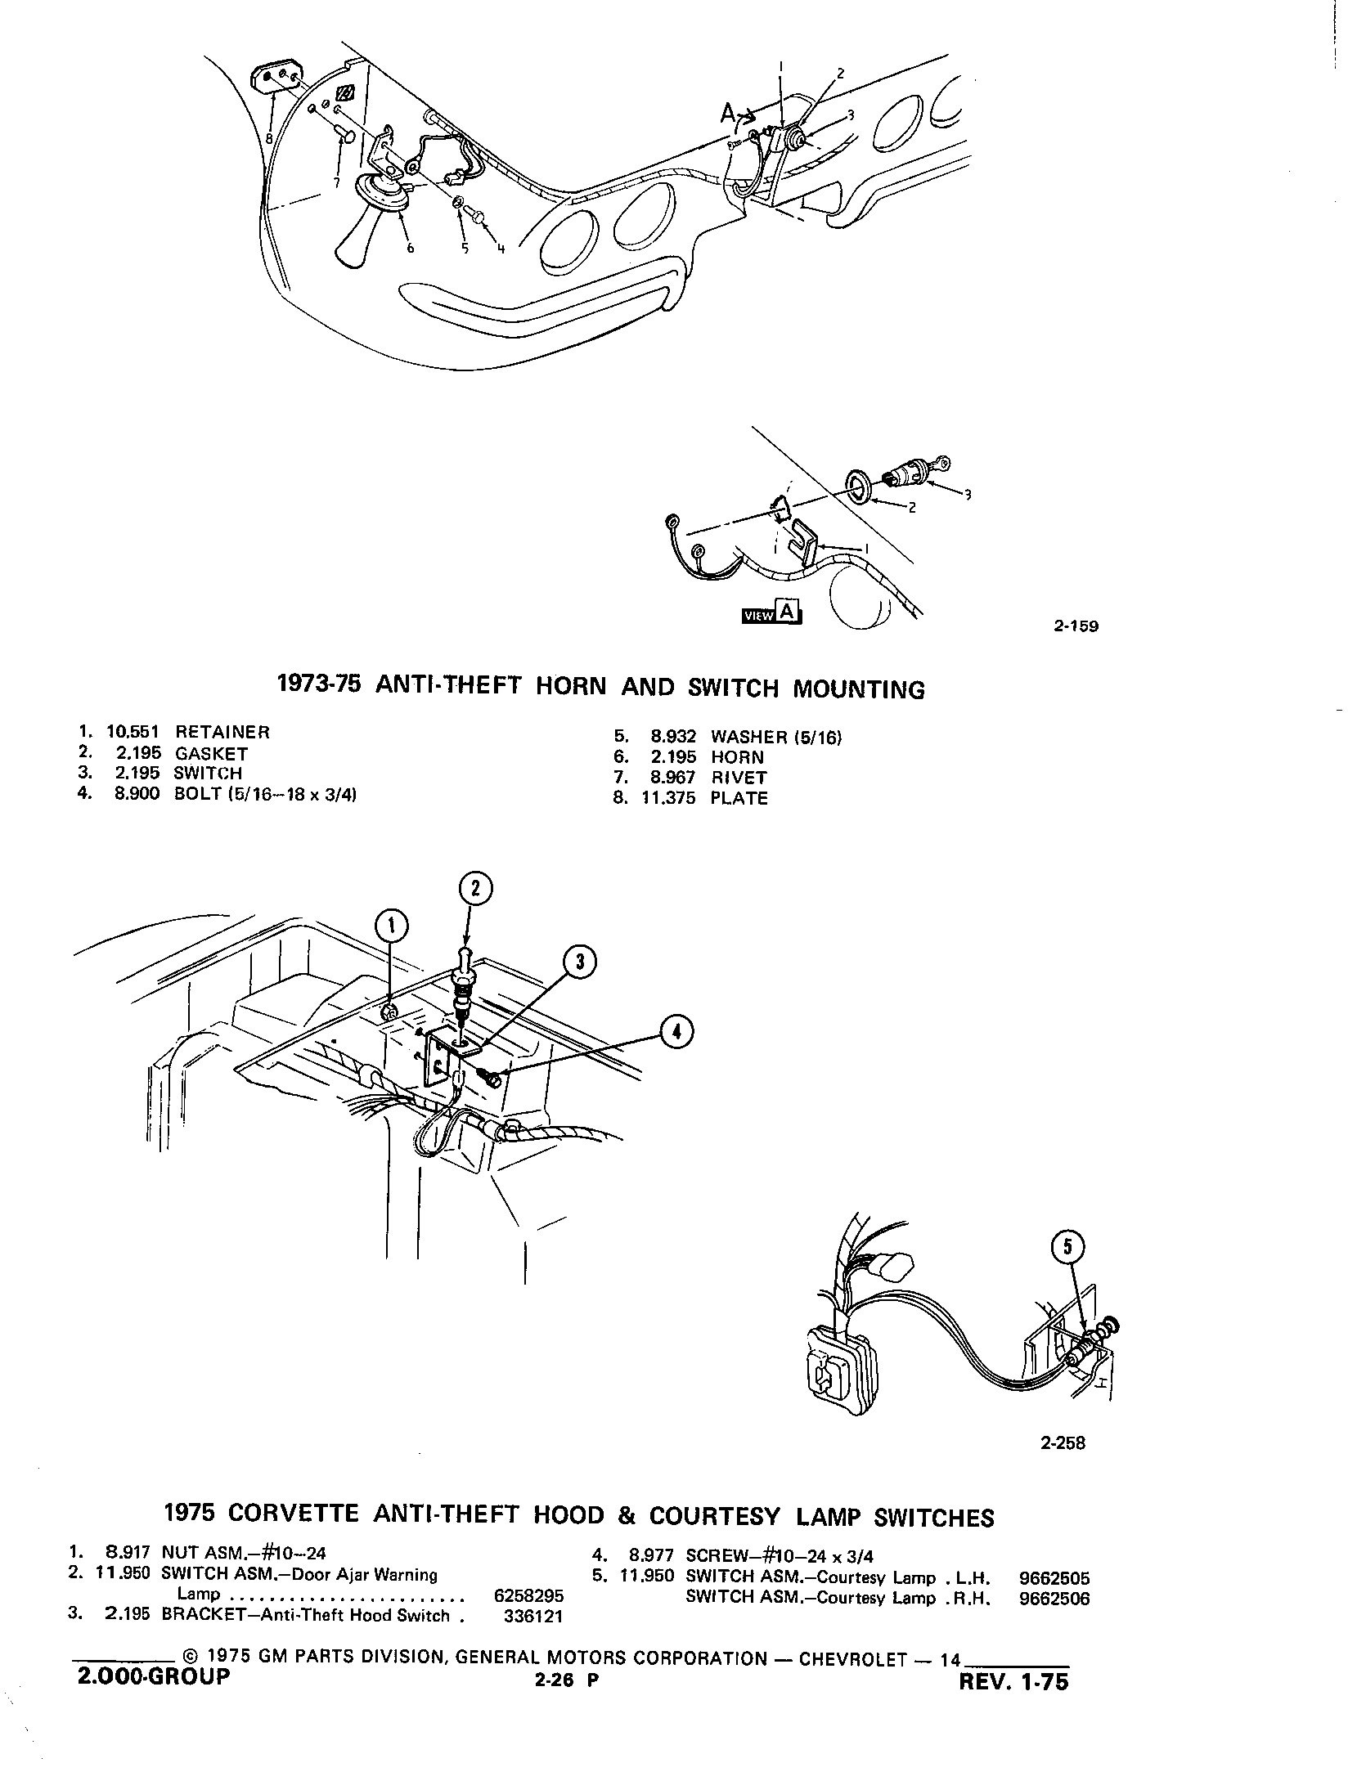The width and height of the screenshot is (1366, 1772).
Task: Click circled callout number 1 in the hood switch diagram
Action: pyautogui.click(x=391, y=925)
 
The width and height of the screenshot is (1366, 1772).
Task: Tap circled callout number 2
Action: pyautogui.click(x=476, y=890)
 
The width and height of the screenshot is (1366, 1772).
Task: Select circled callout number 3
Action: pyautogui.click(x=580, y=962)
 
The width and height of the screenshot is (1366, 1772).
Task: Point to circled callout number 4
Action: pyautogui.click(x=676, y=1034)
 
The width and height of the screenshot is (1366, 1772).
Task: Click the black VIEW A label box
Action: pyautogui.click(x=771, y=613)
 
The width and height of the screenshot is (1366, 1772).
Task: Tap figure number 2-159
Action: pyautogui.click(x=1076, y=627)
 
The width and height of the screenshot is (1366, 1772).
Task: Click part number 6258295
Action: pyautogui.click(x=529, y=1595)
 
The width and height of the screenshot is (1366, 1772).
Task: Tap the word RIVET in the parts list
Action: pyautogui.click(x=739, y=778)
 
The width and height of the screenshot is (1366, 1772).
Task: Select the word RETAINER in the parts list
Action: pyautogui.click(x=222, y=732)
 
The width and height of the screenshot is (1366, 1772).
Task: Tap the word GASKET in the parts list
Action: pyautogui.click(x=211, y=754)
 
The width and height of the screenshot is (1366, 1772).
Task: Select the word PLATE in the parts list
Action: pyautogui.click(x=739, y=798)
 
